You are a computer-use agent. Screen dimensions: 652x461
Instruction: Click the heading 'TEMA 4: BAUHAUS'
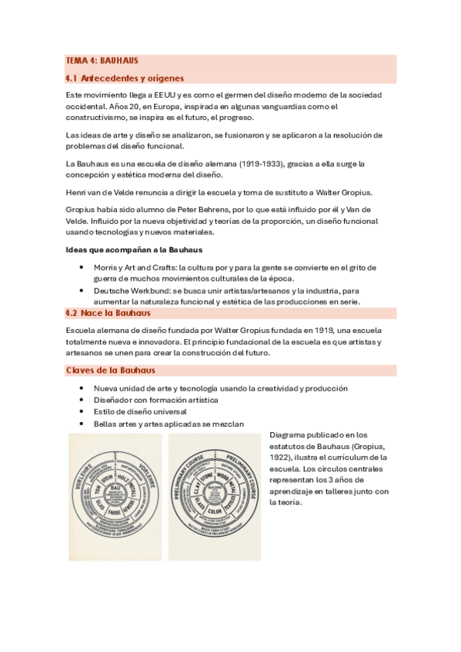point(102,60)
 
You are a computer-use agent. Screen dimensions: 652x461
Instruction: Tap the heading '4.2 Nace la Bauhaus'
point(108,313)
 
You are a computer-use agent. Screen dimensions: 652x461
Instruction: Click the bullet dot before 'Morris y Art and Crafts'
point(82,267)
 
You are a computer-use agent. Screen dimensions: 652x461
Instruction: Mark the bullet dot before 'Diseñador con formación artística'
point(82,400)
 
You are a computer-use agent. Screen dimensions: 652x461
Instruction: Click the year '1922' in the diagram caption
point(281,457)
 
